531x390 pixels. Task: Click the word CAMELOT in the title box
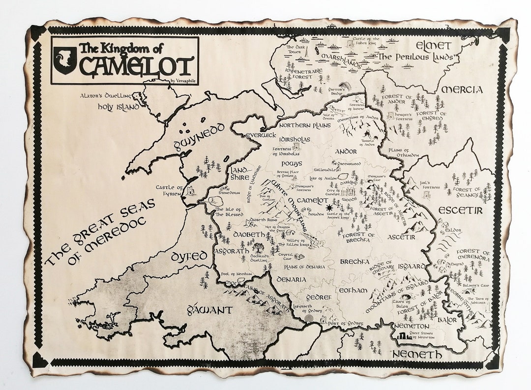pos(136,66)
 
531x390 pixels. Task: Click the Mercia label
pos(462,90)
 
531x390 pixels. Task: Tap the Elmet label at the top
pos(433,46)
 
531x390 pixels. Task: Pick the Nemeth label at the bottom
pos(417,354)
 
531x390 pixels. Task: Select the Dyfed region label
pos(189,257)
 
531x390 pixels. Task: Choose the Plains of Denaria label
pos(305,267)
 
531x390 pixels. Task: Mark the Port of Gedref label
pos(347,323)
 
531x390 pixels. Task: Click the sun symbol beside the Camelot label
pos(329,210)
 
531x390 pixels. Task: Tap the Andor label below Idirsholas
pos(345,152)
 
